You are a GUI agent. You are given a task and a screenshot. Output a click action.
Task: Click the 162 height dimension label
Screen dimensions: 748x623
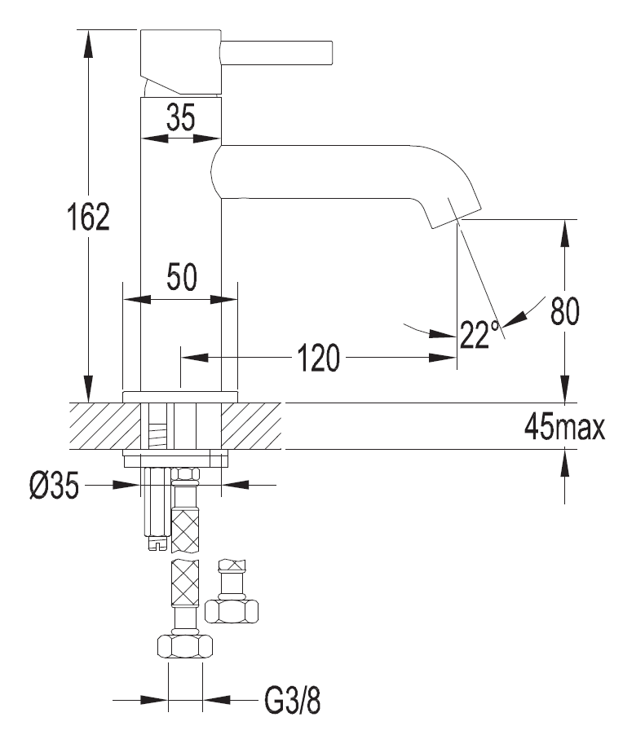(89, 218)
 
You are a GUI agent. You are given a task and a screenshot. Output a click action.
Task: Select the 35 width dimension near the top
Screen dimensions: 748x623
(180, 119)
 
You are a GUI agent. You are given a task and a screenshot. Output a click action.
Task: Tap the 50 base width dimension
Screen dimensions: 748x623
(181, 279)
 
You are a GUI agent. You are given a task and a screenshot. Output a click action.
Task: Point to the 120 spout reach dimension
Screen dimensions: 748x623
(316, 357)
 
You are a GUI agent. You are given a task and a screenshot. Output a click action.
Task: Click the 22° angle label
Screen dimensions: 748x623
(479, 334)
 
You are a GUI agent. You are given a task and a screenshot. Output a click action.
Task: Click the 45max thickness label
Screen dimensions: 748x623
(565, 427)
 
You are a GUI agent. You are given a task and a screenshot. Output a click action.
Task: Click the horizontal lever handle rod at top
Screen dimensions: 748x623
(277, 52)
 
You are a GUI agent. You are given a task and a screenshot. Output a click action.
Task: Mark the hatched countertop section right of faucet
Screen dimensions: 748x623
(252, 425)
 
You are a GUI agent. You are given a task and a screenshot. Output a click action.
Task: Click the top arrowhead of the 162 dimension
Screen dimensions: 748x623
(87, 40)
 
